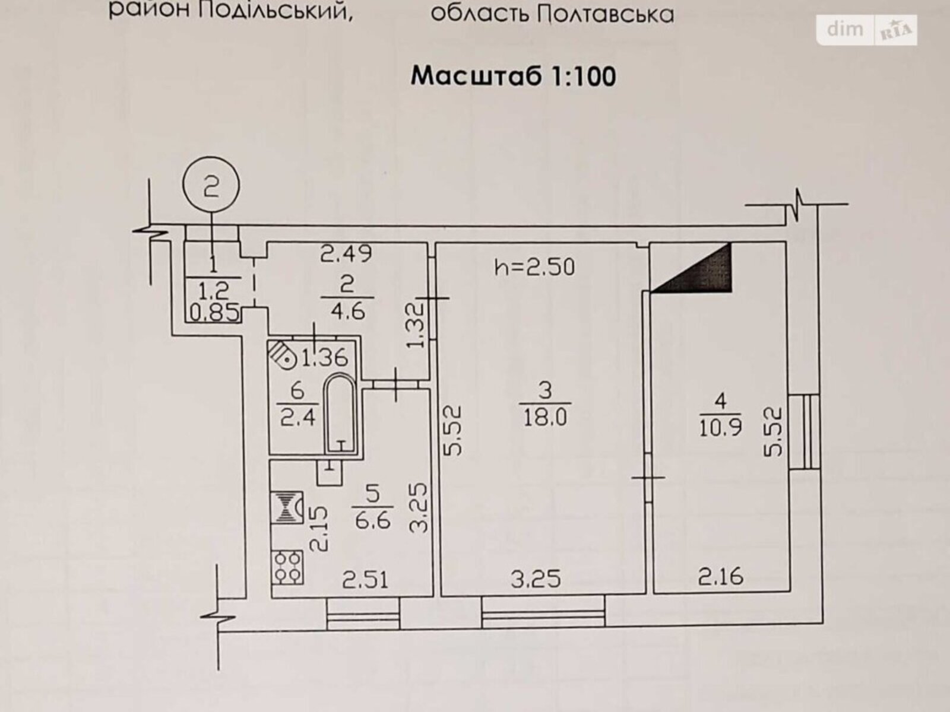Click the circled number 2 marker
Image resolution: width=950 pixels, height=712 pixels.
(x=211, y=185)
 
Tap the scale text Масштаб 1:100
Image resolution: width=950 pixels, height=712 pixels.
(x=514, y=77)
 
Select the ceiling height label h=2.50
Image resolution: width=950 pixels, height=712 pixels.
(x=534, y=267)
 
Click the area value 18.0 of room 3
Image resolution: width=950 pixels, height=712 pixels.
(x=545, y=418)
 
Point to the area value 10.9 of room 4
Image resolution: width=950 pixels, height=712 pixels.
(x=721, y=427)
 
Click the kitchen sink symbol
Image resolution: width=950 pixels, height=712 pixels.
(x=287, y=507)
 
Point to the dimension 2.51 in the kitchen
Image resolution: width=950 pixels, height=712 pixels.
(x=365, y=580)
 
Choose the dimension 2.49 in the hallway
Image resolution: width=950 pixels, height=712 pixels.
(x=346, y=253)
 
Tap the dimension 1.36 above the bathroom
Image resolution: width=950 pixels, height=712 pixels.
(x=325, y=358)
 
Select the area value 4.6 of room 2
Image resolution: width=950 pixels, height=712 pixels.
(x=348, y=311)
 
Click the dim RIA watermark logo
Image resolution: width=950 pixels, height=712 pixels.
(x=866, y=30)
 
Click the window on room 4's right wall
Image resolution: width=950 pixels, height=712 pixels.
(x=804, y=431)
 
